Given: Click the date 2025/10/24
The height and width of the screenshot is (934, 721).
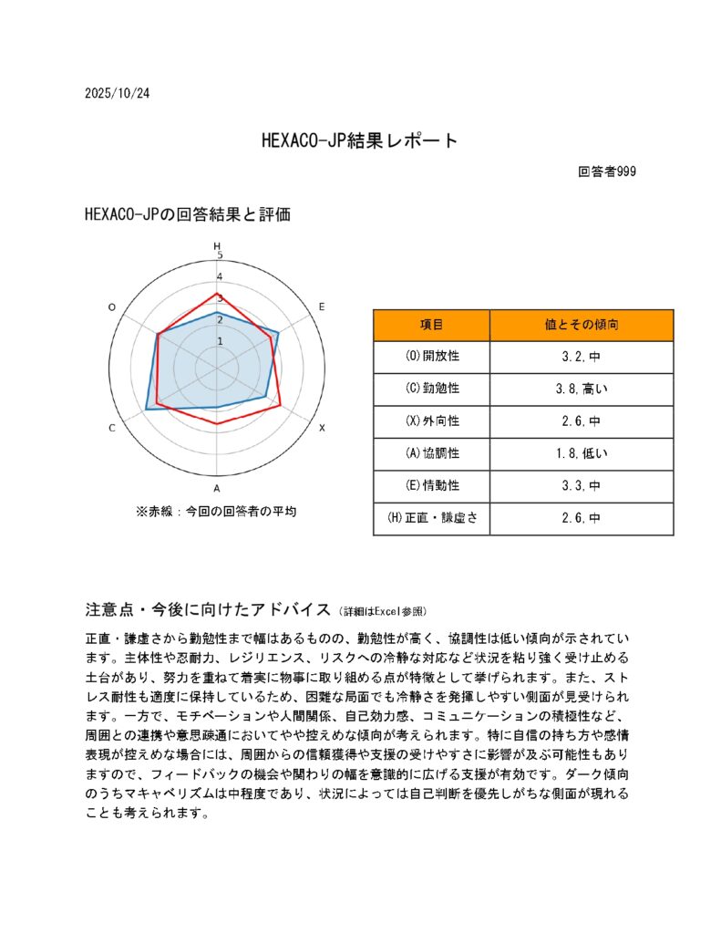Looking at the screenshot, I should (x=116, y=94).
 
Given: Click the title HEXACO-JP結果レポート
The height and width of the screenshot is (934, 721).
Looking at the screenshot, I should (x=359, y=140).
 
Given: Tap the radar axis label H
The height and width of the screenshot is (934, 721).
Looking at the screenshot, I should (x=217, y=246).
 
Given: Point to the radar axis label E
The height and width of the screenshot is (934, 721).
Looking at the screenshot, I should (x=321, y=307).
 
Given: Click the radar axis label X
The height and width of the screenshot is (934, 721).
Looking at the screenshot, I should (x=321, y=427).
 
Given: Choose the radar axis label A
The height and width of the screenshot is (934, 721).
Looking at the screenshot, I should (x=216, y=488).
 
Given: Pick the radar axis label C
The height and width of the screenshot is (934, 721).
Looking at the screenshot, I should (x=112, y=428).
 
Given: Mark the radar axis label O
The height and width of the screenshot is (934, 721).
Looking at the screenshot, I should (x=112, y=307).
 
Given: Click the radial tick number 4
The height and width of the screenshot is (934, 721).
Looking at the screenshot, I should (x=218, y=277).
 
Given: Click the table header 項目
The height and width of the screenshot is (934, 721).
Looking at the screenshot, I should (x=431, y=325).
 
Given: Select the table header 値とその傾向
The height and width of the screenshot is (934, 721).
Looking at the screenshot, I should (x=582, y=325).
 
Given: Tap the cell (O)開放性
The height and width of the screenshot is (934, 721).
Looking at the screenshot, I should (x=431, y=357).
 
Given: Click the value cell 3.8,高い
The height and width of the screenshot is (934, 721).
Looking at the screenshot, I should (x=582, y=389).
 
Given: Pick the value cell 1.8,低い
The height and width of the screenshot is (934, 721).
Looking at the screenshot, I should (x=582, y=453).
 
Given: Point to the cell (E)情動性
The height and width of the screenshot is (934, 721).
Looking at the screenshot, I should (x=431, y=486).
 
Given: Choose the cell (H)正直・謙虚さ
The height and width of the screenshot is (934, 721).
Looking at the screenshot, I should (x=431, y=518).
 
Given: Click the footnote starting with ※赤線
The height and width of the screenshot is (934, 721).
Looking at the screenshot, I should (x=216, y=512).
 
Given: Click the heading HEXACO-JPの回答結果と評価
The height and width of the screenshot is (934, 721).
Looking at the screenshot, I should (x=187, y=214).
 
